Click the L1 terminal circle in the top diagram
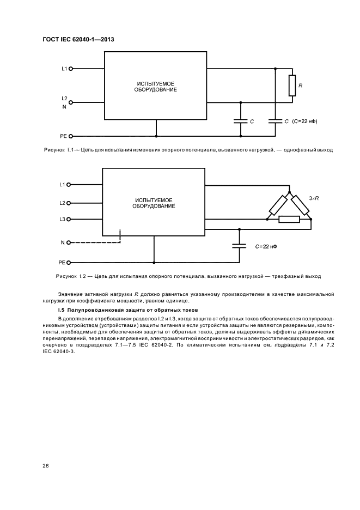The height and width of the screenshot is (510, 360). tap(70, 69)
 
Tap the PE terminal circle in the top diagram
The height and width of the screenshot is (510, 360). tap(70, 136)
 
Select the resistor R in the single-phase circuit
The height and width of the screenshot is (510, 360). tap(292, 86)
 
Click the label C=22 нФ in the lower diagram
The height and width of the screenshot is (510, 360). tap(267, 246)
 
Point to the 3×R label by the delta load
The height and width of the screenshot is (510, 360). tap(314, 199)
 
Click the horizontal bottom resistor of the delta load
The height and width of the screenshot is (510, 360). tap(289, 220)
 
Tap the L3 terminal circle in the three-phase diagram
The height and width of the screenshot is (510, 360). tap(69, 219)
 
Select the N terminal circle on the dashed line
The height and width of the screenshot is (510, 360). tap(69, 242)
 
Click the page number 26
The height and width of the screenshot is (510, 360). tap(46, 466)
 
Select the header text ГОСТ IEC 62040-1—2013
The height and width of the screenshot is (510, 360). tap(77, 39)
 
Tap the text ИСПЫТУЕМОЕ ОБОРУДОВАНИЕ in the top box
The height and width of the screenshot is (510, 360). tap(156, 87)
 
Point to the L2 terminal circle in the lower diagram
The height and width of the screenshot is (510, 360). tap(69, 203)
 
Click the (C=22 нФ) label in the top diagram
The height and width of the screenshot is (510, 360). tap(304, 121)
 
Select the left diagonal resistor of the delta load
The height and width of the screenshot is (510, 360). tap(278, 206)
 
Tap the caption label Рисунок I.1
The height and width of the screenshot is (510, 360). tap(58, 149)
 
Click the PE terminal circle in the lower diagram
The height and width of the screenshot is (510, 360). tap(69, 262)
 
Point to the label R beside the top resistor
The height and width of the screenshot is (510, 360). tap(301, 86)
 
